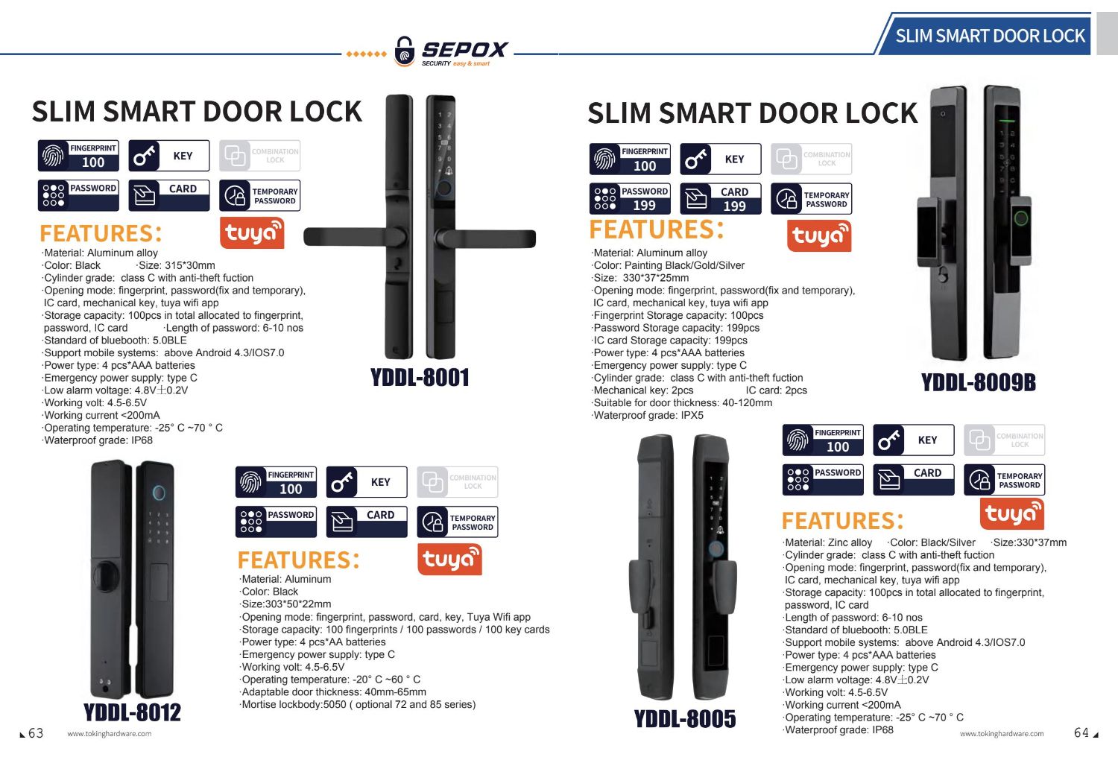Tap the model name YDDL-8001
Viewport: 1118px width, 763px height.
pos(420,378)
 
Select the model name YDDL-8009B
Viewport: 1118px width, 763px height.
pos(978,383)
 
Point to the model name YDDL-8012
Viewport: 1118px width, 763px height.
pos(132,712)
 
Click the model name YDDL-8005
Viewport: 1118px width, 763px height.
pos(685,719)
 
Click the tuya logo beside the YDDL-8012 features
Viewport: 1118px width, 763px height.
pos(449,559)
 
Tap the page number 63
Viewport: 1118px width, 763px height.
pos(36,733)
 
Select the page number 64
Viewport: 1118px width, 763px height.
pos(1081,732)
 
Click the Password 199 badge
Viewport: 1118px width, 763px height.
pos(630,199)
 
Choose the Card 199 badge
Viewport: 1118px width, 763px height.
pos(721,199)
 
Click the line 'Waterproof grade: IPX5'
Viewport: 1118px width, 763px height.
pos(648,415)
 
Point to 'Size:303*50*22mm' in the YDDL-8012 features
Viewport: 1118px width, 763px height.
pos(285,604)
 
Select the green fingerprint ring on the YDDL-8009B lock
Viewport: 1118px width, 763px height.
pos(1021,218)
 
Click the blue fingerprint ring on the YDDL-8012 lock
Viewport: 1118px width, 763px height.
pos(159,493)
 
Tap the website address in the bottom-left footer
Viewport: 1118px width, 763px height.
pos(110,733)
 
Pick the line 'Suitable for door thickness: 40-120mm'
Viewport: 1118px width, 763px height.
pos(682,402)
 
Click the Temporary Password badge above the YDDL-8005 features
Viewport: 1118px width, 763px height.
pos(1004,480)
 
